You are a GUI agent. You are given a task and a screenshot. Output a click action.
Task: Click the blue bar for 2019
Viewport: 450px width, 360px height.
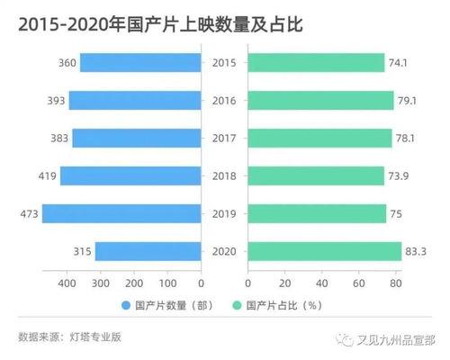coord(121,213)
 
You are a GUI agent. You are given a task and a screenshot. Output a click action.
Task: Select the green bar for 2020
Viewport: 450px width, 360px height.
coord(324,251)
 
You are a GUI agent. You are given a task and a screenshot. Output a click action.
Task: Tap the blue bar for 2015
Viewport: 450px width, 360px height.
coord(140,62)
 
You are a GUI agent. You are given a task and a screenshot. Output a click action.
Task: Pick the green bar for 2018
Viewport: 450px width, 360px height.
coord(316,175)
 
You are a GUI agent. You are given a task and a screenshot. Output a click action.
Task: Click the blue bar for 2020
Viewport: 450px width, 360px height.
coord(148,251)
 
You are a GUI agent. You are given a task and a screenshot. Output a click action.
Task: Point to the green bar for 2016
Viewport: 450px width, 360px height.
coord(320,100)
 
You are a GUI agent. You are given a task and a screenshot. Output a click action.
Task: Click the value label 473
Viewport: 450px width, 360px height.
coord(29,213)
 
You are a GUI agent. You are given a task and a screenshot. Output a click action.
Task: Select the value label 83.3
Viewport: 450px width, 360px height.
coord(417,251)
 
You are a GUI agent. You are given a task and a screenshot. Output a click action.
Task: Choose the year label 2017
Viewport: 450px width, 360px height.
coord(223,138)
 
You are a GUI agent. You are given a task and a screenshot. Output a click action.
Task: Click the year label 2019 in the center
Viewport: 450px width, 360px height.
coord(223,213)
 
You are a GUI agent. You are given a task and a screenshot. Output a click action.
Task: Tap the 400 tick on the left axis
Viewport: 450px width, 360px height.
coord(67,283)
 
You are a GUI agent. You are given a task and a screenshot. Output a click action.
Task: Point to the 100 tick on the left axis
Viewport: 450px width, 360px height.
coord(167,283)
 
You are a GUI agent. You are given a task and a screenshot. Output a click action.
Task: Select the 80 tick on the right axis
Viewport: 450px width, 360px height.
coord(395,283)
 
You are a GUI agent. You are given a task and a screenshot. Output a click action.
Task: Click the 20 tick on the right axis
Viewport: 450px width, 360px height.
coord(284,283)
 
